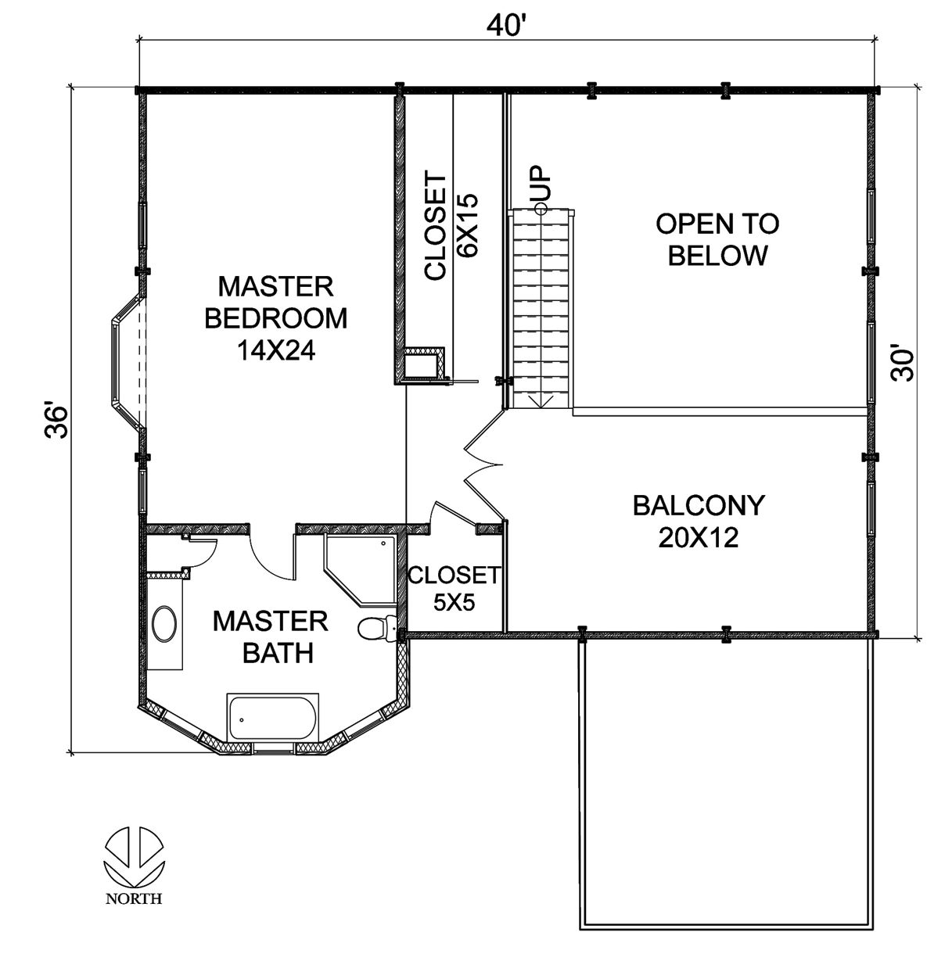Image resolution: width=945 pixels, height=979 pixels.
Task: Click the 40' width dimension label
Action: click(x=505, y=25)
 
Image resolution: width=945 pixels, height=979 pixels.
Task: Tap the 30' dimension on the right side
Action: click(x=903, y=364)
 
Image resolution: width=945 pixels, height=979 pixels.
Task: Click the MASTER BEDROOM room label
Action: click(x=275, y=303)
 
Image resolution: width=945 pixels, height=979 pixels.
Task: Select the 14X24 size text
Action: click(x=275, y=351)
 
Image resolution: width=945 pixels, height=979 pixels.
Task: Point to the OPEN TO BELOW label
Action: click(x=717, y=239)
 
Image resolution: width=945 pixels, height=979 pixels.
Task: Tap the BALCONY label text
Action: click(x=698, y=505)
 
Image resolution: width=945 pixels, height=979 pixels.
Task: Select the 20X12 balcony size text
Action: click(x=698, y=538)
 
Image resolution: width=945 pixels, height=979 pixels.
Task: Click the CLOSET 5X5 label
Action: click(x=453, y=589)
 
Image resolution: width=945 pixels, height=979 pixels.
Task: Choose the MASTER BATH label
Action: click(x=271, y=637)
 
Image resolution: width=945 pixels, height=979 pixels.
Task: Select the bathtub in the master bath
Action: click(x=273, y=717)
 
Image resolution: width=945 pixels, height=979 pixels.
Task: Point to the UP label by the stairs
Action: click(x=541, y=185)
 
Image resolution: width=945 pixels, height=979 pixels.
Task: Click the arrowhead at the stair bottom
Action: click(x=541, y=401)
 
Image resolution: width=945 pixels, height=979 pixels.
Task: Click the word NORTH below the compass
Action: click(x=134, y=899)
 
